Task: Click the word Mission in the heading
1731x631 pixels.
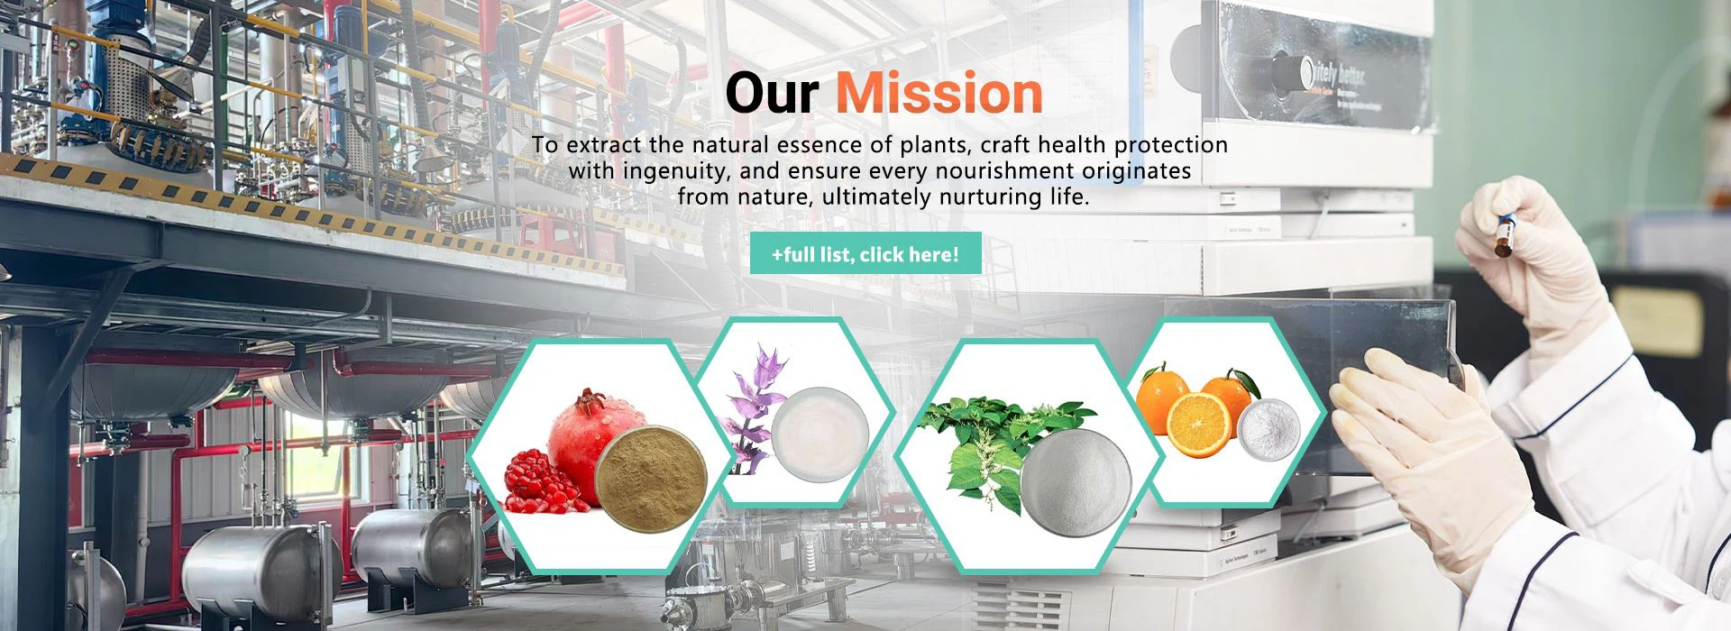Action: point(939,93)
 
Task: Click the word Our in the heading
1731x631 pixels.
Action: point(772,93)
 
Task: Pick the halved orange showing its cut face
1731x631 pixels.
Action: point(1199,425)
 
